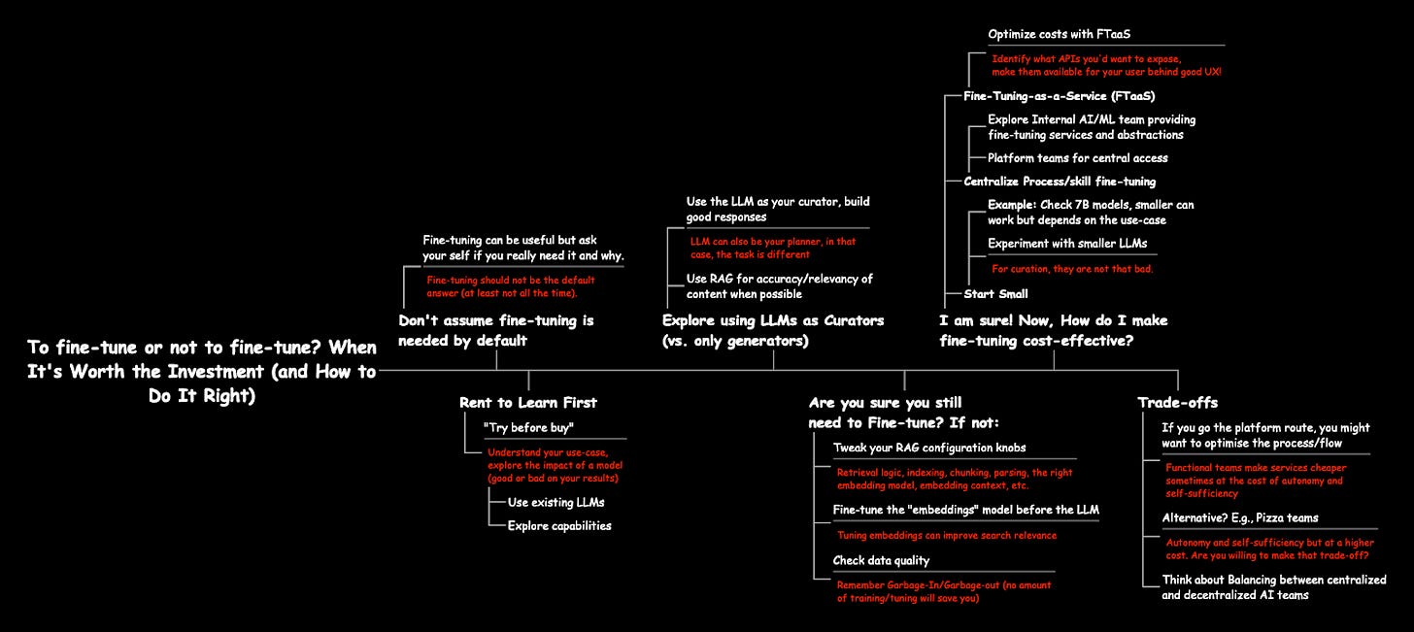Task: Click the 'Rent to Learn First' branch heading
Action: tap(527, 402)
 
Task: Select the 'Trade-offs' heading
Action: tap(1177, 402)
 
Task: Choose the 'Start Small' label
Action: tap(995, 293)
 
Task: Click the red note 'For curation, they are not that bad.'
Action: tap(1072, 269)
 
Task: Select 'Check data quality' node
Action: tap(881, 560)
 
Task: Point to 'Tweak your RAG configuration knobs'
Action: tap(928, 448)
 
